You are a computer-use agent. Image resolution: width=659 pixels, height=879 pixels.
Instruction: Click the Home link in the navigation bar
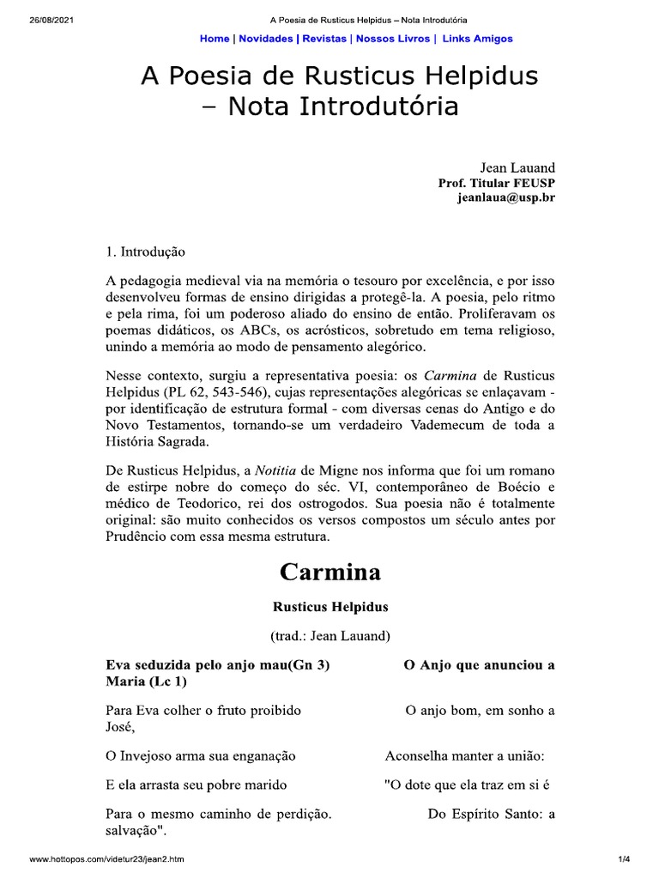tap(214, 39)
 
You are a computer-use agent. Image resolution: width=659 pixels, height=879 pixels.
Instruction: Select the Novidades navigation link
tap(265, 39)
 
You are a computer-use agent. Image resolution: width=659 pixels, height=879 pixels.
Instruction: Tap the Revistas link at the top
tap(324, 39)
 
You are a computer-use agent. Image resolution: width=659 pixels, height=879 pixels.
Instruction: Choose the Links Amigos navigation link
tap(478, 39)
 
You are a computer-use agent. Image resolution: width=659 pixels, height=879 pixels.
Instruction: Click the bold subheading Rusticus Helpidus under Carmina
tap(329, 607)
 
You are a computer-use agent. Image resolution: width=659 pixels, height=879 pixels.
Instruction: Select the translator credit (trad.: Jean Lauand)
tap(329, 636)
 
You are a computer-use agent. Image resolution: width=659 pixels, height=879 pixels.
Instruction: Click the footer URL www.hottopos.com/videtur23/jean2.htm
tap(106, 859)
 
